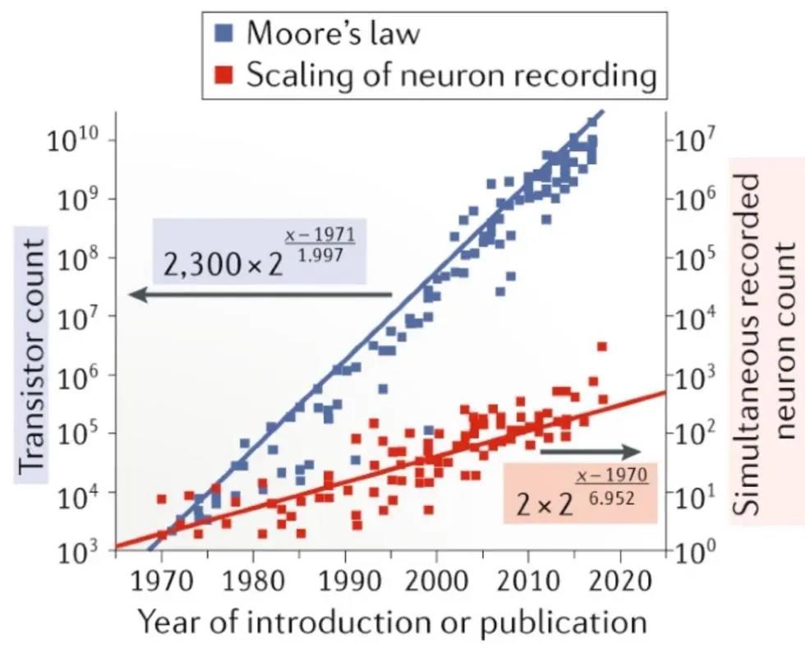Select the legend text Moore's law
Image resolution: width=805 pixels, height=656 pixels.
333,34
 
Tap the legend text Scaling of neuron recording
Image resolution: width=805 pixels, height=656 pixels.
451,76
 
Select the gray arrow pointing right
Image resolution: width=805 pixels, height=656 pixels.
590,452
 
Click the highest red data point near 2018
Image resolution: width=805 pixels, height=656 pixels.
602,346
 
